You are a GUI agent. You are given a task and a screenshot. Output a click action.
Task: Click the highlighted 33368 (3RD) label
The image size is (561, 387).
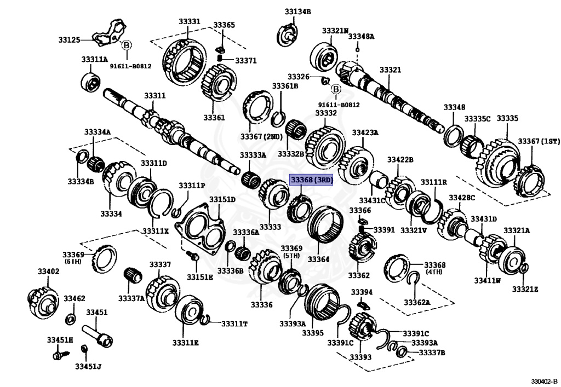[311, 181]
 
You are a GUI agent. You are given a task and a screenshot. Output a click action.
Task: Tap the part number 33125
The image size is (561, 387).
[70, 39]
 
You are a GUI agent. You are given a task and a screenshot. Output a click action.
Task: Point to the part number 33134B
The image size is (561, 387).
[297, 11]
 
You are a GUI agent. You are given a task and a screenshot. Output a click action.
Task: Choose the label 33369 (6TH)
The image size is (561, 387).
[73, 258]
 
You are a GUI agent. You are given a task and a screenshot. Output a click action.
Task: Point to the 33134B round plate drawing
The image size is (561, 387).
[289, 33]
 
